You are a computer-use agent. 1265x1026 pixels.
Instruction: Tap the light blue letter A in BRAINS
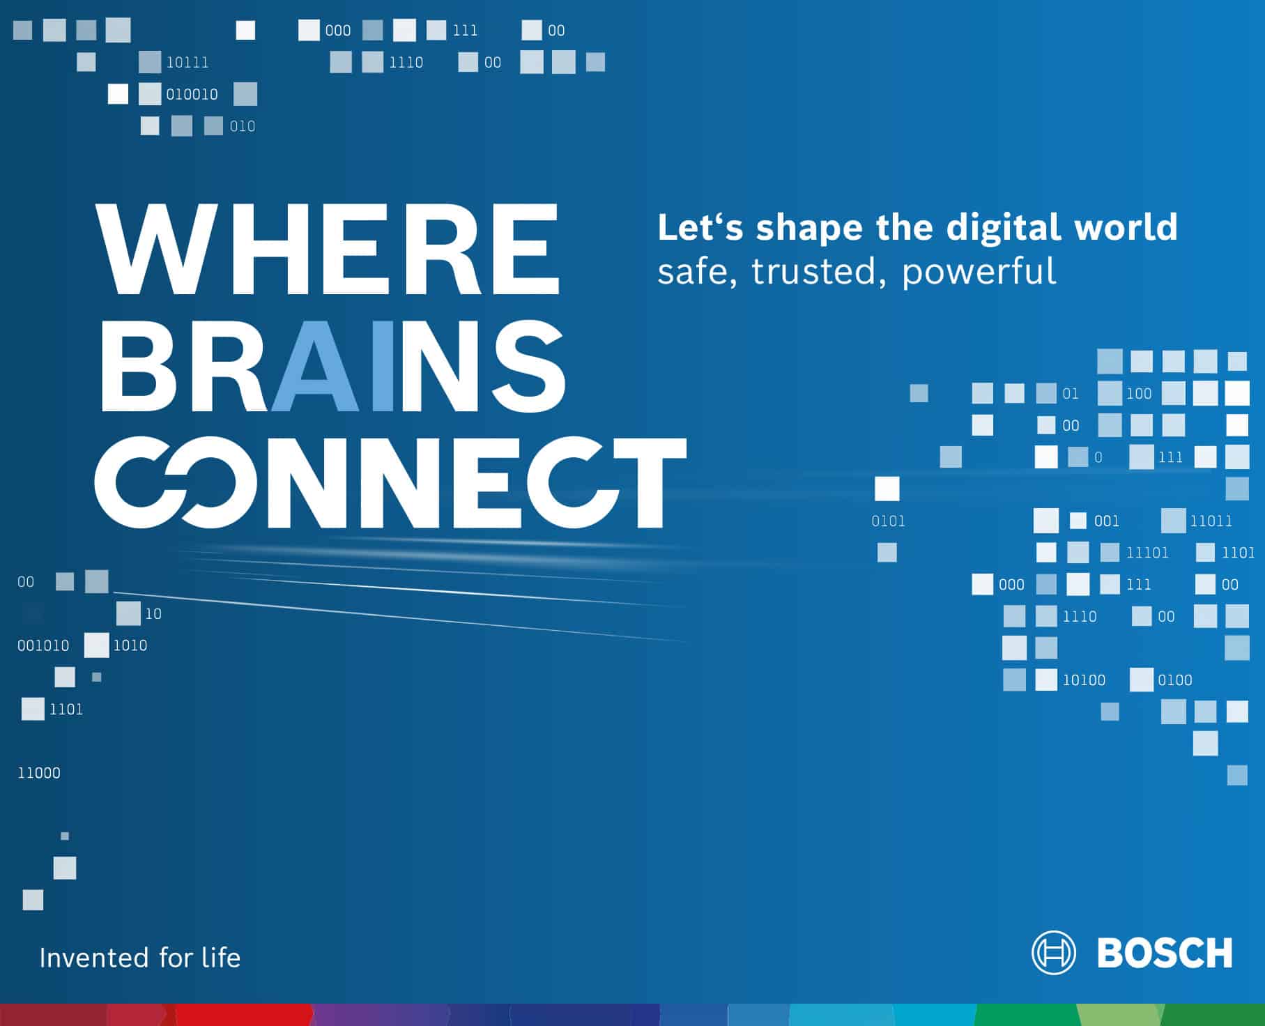tap(316, 365)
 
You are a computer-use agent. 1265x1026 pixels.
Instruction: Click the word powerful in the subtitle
tap(979, 272)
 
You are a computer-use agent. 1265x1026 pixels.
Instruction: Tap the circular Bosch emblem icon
tap(1053, 952)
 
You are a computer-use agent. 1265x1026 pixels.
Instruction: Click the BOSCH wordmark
tap(1165, 953)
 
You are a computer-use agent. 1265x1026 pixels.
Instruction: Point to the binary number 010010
tap(192, 94)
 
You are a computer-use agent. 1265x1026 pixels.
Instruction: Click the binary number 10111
tap(187, 62)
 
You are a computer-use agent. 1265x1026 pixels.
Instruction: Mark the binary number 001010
tap(43, 645)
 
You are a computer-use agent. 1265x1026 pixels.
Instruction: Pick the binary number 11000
tap(39, 773)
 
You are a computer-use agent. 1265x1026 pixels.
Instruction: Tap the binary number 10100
tap(1084, 680)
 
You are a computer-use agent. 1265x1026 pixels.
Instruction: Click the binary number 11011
tap(1211, 521)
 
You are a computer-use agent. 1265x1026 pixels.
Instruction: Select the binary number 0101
tap(889, 521)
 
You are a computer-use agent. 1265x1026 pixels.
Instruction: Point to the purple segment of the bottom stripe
tap(380, 1015)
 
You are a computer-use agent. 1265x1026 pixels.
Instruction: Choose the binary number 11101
tap(1147, 553)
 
